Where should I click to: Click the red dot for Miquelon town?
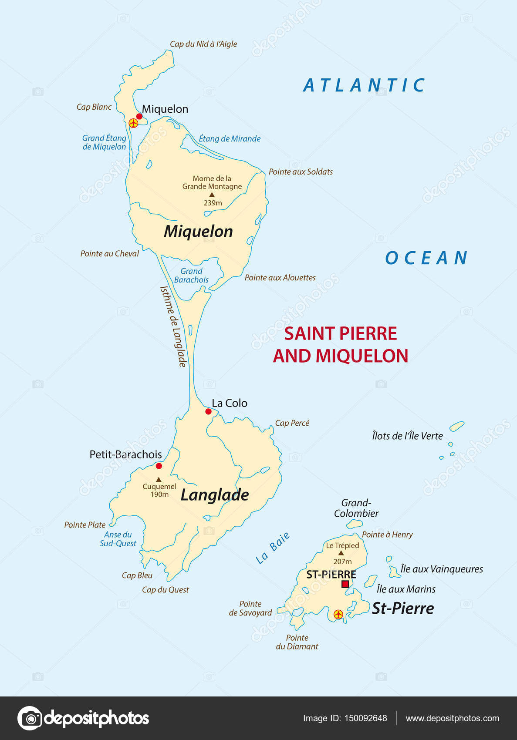coord(139,116)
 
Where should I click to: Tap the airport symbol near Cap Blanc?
coord(134,123)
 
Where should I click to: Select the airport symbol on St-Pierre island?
coord(338,615)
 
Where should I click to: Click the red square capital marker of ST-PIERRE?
coord(345,584)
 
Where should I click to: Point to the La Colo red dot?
coord(208,411)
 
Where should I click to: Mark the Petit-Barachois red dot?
coord(159,466)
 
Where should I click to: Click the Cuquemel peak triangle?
coord(159,479)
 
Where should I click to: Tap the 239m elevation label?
coord(213,203)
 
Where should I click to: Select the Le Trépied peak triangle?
coord(341,553)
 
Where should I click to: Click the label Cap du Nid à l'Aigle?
coord(203,44)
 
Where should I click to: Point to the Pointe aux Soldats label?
coord(301,172)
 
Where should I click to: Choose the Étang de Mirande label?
coord(230,139)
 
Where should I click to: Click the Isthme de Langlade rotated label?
coord(173,326)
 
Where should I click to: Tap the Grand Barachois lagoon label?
coord(191,276)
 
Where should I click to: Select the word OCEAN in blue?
coord(426,258)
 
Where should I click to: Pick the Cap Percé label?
coord(292,423)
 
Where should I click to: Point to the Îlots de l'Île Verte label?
coord(407,436)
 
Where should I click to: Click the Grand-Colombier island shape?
coord(354,524)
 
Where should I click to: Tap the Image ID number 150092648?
coord(365,718)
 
